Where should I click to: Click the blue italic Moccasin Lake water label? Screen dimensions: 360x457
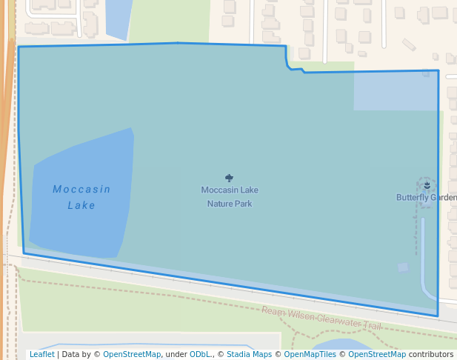[x=81, y=197]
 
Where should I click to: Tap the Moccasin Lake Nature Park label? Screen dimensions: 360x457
[x=230, y=196]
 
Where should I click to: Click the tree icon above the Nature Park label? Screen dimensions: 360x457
[x=230, y=179]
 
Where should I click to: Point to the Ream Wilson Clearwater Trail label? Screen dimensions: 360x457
[x=321, y=317]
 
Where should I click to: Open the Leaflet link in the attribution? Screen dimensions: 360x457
[x=41, y=354]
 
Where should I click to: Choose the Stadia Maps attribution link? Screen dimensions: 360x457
[x=249, y=354]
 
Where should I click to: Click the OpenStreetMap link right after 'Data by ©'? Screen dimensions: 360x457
[x=132, y=354]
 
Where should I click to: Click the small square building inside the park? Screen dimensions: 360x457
[x=403, y=267]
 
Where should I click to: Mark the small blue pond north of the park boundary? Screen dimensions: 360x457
[x=119, y=18]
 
